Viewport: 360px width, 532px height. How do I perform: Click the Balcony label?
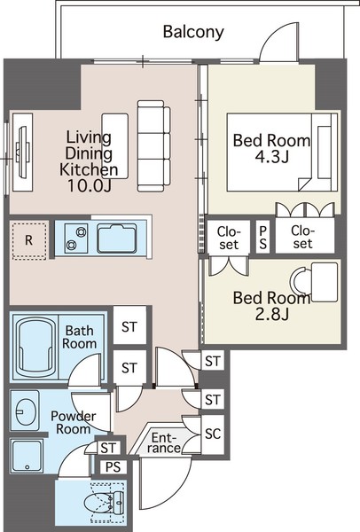point(193,32)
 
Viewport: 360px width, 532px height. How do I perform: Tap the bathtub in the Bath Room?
point(35,348)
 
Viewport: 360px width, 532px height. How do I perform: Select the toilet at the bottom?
point(102,503)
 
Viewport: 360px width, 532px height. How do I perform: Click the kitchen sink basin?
point(117,239)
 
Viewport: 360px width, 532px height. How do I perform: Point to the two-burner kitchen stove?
point(76,239)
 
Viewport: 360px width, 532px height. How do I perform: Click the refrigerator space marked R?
point(29,240)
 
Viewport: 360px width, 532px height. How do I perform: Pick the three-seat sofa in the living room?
point(153,146)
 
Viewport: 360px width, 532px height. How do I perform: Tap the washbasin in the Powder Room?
point(25,411)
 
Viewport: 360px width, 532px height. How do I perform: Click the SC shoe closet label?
point(213,434)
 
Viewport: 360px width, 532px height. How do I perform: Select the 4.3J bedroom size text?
point(272,157)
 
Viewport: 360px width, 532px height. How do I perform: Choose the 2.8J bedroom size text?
point(272,314)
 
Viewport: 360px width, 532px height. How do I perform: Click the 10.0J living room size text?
point(90,185)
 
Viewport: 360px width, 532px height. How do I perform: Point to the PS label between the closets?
point(263,237)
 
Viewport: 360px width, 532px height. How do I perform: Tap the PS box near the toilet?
point(113,467)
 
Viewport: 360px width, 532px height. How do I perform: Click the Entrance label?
point(164,442)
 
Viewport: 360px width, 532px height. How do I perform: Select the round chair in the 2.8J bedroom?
point(301,282)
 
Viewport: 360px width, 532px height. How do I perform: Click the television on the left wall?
point(22,152)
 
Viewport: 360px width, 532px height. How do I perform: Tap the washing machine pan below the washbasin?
point(27,456)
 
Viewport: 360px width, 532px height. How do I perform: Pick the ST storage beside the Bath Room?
point(129,326)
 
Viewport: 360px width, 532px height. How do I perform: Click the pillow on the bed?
point(325,152)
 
